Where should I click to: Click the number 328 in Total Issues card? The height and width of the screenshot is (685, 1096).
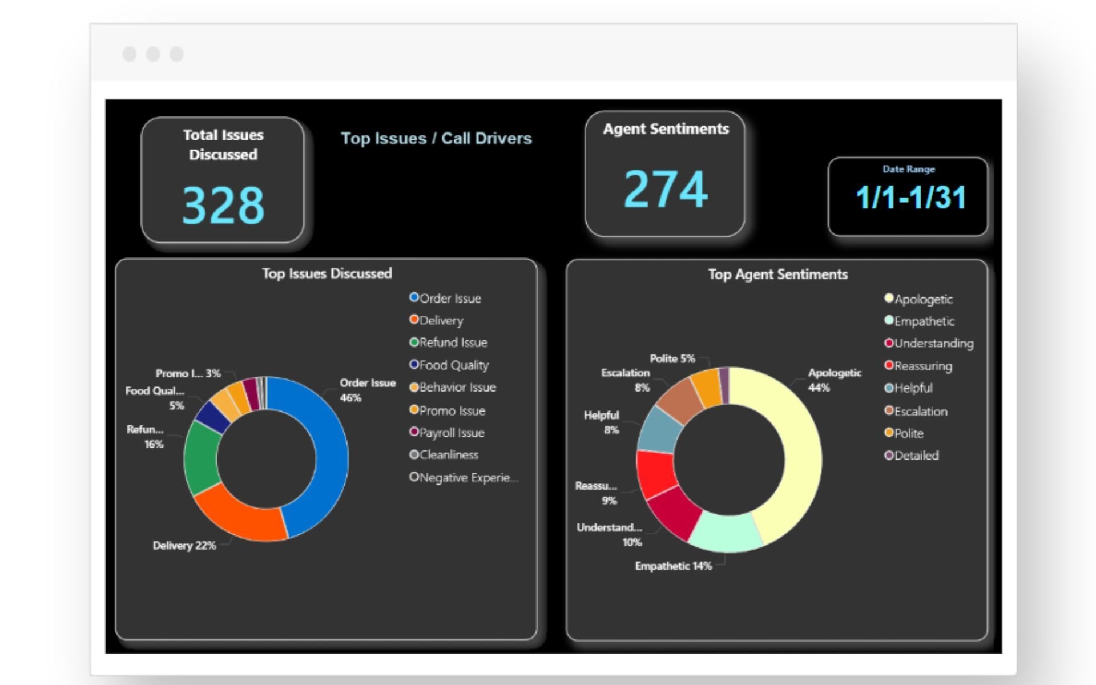[223, 205]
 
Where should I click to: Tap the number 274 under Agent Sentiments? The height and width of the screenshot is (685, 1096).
[666, 189]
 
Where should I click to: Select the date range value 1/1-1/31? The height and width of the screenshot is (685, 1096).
[910, 198]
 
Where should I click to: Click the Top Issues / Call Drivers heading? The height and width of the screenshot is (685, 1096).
[436, 138]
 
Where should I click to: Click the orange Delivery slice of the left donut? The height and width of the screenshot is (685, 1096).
[240, 514]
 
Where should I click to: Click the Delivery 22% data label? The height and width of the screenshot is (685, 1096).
[184, 545]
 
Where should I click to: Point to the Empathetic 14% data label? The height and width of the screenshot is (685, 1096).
[673, 566]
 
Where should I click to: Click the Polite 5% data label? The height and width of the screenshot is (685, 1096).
[672, 358]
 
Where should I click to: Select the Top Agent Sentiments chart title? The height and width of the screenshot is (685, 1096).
[777, 274]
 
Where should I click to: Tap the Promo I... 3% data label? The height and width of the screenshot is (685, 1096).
[188, 373]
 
